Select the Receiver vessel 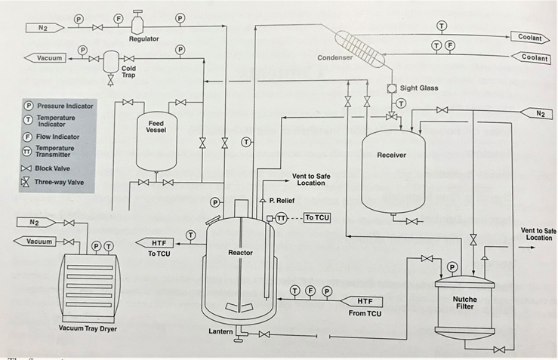click(392, 166)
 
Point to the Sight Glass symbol click(393, 88)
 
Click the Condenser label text click(335, 58)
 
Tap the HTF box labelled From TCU click(365, 302)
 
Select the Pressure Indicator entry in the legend click(60, 106)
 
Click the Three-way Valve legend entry click(60, 183)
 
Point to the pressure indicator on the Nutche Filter click(452, 266)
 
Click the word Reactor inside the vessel click(240, 252)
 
